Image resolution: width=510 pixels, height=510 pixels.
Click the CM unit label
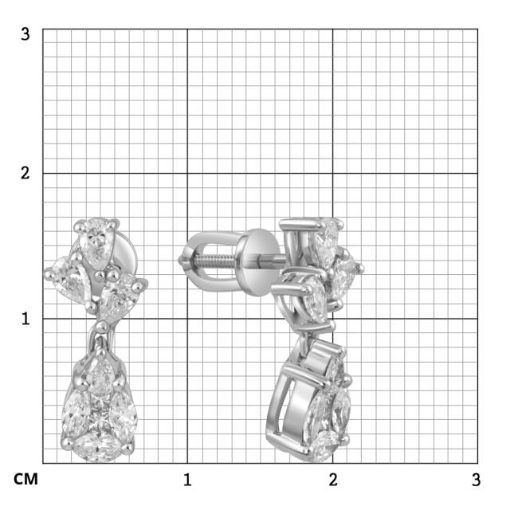25,479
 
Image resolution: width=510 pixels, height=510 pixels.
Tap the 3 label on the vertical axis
25,33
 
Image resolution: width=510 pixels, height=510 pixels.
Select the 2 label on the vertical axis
25,173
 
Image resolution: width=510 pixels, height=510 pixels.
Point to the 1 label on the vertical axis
25,319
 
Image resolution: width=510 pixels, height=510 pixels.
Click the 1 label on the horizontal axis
187,480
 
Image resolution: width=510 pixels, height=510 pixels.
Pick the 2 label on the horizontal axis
333,480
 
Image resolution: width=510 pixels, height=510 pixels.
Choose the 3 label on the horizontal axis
477,480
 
